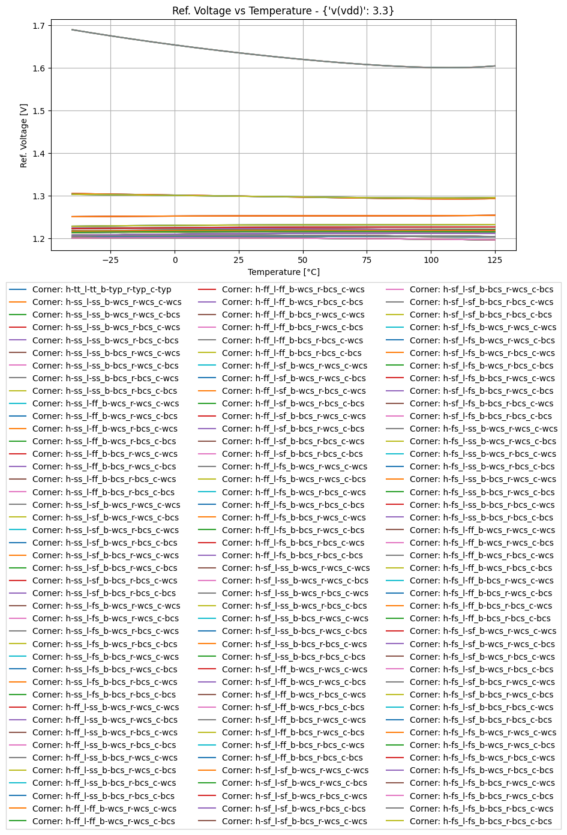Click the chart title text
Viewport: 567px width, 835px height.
coord(283,11)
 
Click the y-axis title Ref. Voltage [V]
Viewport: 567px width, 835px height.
coord(24,135)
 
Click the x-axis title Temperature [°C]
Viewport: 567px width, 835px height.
coord(283,272)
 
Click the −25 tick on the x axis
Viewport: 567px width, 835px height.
coord(110,260)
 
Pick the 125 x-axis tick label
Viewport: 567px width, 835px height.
coord(495,260)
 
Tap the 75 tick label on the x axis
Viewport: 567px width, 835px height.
coord(367,260)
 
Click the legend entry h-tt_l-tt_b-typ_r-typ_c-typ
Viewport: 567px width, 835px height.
coord(101,289)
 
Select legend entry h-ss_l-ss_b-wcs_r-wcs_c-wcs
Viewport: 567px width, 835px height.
coord(106,302)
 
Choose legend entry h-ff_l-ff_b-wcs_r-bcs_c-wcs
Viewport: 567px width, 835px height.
coord(293,289)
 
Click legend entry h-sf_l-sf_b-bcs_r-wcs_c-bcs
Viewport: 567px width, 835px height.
coord(481,289)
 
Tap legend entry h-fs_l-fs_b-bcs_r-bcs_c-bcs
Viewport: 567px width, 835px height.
coord(481,821)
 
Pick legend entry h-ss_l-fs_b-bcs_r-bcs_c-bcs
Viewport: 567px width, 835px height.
coord(104,695)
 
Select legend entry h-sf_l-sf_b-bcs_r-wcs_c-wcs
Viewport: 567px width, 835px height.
coord(294,821)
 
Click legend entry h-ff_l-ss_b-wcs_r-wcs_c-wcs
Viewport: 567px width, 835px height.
coord(106,707)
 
